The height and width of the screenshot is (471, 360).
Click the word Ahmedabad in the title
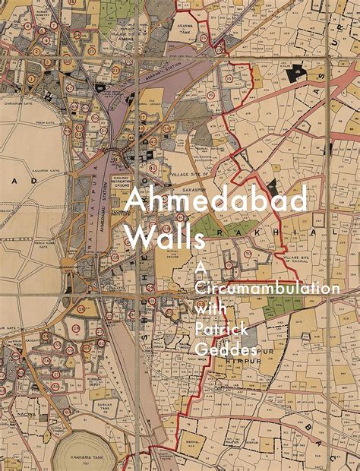coord(216,201)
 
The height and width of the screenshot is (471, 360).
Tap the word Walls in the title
coord(164,238)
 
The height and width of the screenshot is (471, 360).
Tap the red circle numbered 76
coord(247,253)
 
